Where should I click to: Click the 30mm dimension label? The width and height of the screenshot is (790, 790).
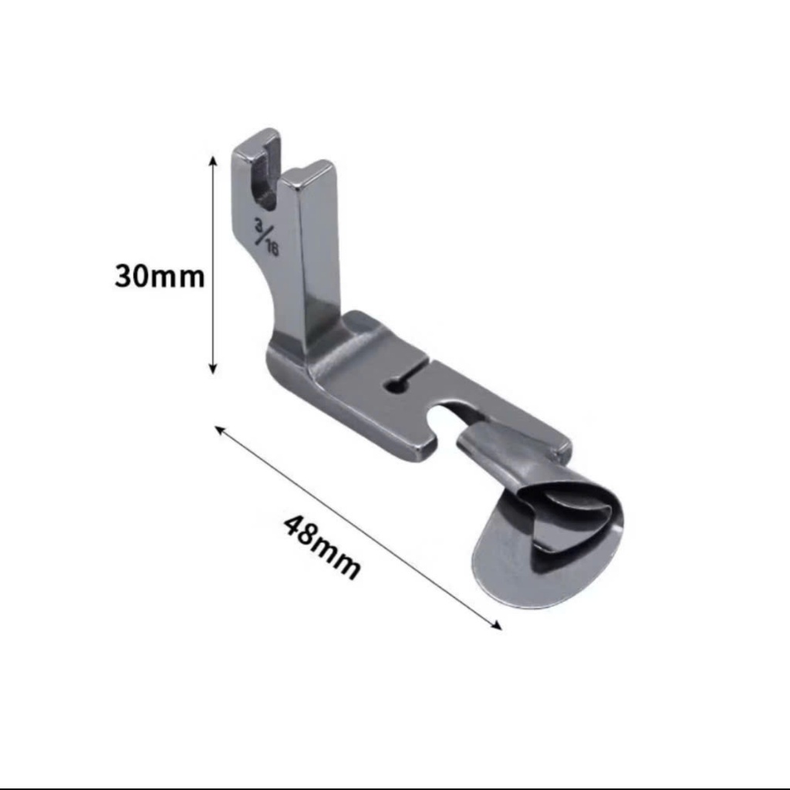point(160,276)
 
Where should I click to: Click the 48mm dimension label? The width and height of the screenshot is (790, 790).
point(322,549)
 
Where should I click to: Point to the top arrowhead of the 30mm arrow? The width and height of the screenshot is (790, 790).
point(213,161)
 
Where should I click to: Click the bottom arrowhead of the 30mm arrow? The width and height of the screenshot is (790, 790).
point(213,368)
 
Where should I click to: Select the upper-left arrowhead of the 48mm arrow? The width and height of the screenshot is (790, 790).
point(220,430)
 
